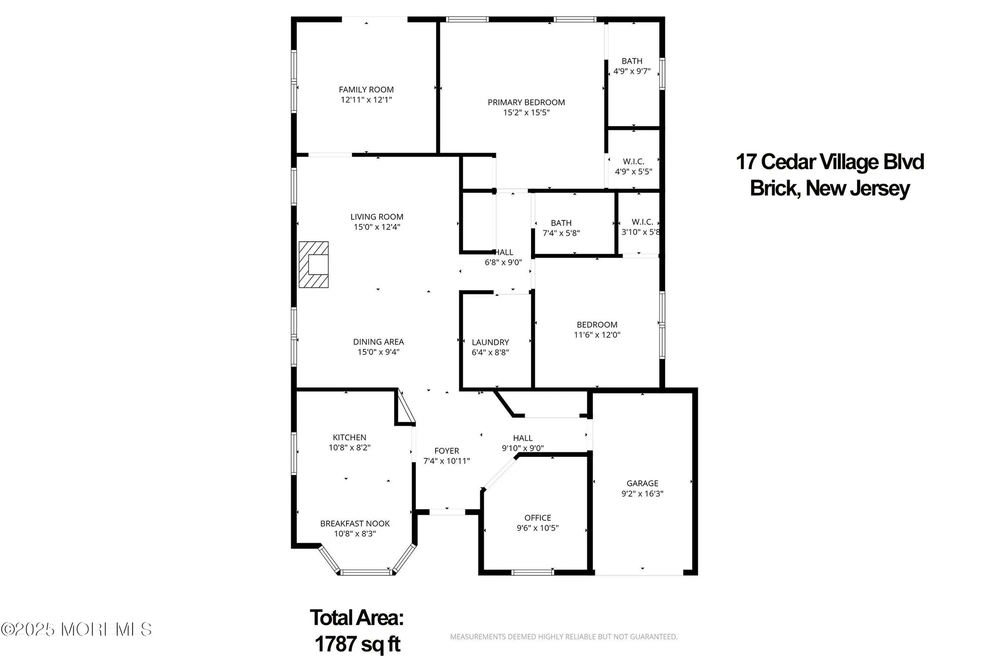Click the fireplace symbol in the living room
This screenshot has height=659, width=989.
(x=314, y=264)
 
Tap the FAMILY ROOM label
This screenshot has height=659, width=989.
(x=366, y=89)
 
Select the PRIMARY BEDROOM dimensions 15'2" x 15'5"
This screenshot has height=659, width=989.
(x=526, y=113)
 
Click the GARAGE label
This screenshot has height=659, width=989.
(x=642, y=483)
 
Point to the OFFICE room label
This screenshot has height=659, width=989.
(x=538, y=518)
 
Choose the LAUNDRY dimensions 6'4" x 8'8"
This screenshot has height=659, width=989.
(x=490, y=352)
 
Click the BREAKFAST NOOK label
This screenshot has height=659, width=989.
(x=355, y=523)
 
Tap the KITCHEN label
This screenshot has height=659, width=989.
(x=349, y=437)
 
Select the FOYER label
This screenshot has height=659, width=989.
(x=447, y=450)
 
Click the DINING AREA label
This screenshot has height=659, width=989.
(x=378, y=342)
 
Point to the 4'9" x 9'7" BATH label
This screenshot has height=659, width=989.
(x=632, y=61)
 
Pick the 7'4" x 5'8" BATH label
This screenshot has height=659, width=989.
(x=561, y=223)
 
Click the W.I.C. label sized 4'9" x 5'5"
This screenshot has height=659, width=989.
(x=633, y=162)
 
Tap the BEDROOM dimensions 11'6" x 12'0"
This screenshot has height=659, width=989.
(x=597, y=335)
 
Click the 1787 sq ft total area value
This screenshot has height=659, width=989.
(x=357, y=644)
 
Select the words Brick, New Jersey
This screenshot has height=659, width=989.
(x=830, y=188)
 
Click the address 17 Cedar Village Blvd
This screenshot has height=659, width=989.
(x=830, y=162)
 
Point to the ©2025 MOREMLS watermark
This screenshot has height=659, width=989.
(x=76, y=629)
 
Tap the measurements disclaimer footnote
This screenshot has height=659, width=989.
(x=563, y=637)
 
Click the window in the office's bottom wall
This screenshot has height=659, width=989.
(x=533, y=572)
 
